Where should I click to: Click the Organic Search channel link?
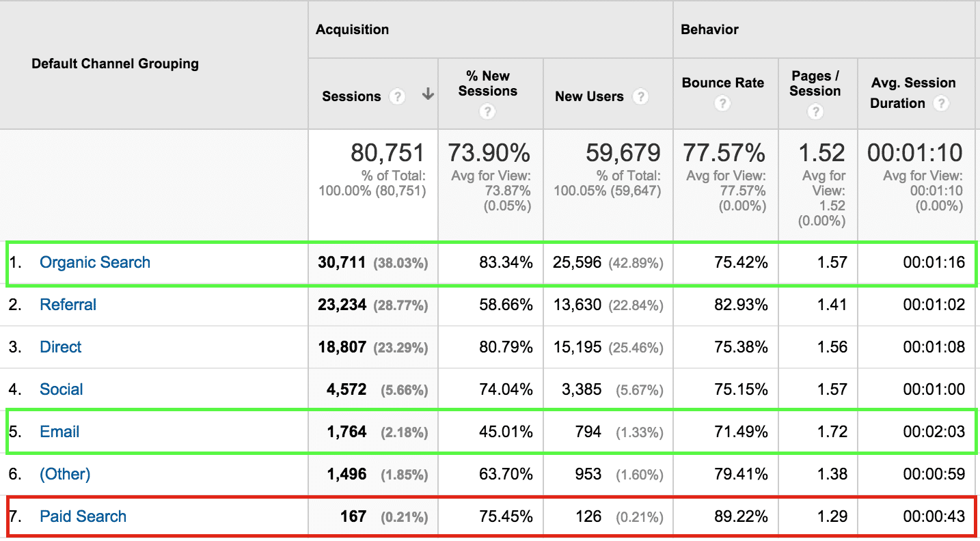point(95,262)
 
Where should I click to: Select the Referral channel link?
point(68,305)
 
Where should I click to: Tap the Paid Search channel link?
point(83,516)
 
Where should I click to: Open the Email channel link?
point(59,432)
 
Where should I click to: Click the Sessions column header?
point(351,96)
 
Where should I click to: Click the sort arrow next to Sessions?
point(428,95)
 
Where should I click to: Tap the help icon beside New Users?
point(640,96)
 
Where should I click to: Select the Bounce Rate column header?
point(722,83)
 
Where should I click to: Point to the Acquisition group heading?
point(352,29)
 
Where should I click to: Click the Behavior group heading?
point(709,29)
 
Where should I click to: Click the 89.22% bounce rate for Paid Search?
point(741,516)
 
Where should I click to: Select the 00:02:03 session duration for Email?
point(934,432)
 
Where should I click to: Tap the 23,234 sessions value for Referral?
point(342,305)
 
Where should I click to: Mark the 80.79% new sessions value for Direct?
point(506,347)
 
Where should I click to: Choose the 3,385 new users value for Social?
point(577,389)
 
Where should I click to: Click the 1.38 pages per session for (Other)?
point(832,474)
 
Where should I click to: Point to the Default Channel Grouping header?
point(115,64)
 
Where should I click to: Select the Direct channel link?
point(60,347)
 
